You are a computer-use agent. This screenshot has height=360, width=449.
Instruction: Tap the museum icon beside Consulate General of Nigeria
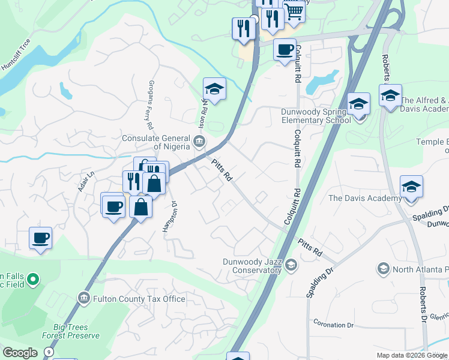coord(199,142)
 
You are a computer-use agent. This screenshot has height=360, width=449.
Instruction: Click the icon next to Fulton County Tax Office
coord(83,298)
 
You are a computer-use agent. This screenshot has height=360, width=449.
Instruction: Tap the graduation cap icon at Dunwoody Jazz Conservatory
coord(291,265)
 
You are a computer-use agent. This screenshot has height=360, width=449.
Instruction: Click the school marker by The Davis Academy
coord(411,188)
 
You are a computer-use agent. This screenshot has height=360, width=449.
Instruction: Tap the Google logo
coord(20,353)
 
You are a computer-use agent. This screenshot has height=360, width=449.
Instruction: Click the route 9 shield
coord(47,351)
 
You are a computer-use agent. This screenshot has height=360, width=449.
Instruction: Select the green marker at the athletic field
coord(34,279)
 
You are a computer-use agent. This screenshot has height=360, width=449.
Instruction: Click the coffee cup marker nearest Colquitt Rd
coord(285,50)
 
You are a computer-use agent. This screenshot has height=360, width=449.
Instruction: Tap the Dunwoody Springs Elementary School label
coord(315,116)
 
